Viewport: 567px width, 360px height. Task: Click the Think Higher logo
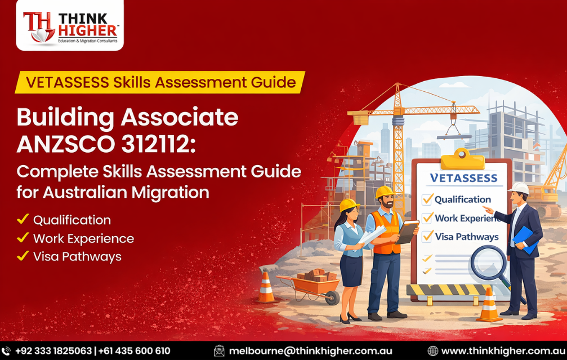69,26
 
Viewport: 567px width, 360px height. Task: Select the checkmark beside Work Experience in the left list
23,238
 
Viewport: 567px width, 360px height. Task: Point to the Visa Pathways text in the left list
77,256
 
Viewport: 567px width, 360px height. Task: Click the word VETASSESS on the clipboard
463,178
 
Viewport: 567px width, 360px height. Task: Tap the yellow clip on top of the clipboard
462,158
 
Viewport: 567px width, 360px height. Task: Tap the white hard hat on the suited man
520,188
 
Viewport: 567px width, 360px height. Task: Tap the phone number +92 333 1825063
53,350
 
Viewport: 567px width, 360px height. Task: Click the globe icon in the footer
432,350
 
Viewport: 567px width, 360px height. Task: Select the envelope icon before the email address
219,350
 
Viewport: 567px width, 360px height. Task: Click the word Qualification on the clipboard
463,199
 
